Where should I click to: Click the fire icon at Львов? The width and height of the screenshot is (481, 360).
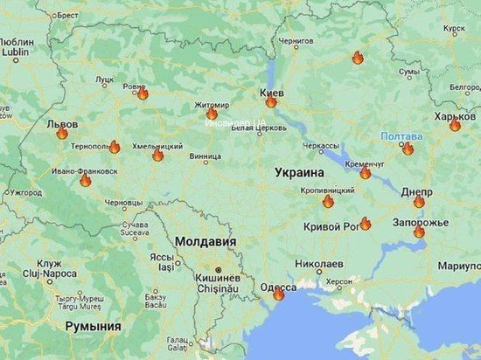point(62,134)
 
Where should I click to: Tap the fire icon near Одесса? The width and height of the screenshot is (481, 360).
point(278,294)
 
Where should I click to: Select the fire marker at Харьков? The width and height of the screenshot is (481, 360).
point(455,125)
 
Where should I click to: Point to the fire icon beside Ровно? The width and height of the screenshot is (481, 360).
point(143,93)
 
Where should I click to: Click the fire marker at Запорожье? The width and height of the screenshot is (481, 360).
point(419,232)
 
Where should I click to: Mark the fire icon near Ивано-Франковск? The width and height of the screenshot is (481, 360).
point(85,181)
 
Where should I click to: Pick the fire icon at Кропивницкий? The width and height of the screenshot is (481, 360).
point(328,201)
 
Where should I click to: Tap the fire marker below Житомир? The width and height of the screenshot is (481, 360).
point(212,114)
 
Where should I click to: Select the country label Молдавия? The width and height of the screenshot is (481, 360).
point(205,240)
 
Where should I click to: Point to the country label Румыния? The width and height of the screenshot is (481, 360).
point(93,325)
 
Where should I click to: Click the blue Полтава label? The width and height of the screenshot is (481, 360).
point(401,136)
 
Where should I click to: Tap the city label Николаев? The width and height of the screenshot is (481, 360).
point(318,263)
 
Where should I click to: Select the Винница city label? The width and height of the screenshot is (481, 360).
point(205,157)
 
